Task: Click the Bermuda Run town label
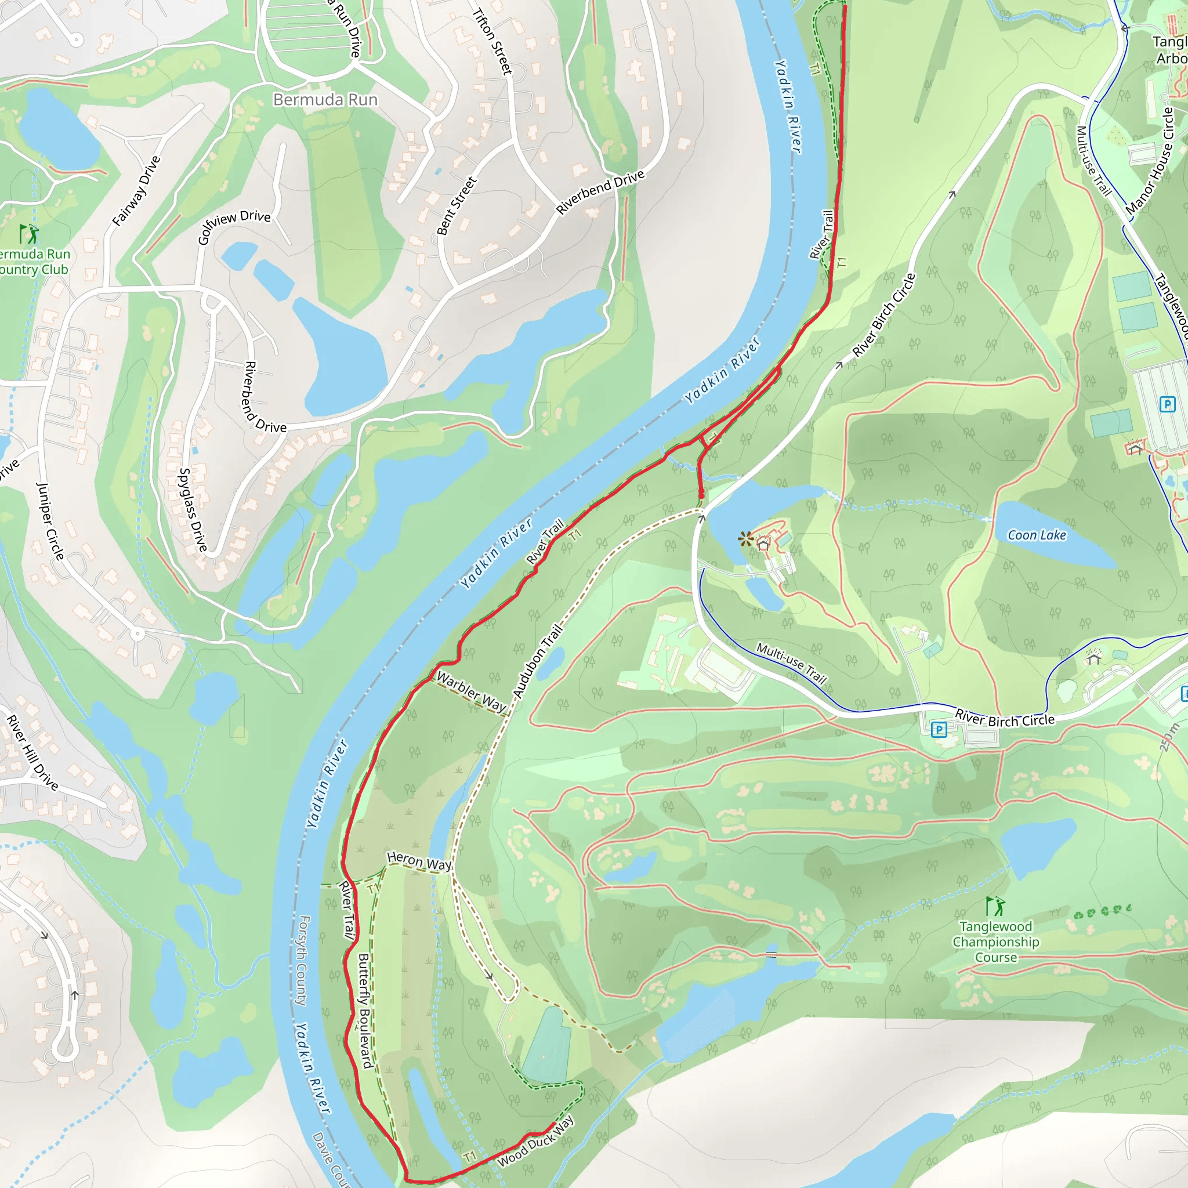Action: [x=325, y=100]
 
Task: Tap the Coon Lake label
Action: [x=1037, y=535]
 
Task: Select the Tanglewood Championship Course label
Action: [x=995, y=941]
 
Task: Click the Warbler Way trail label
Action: [x=471, y=693]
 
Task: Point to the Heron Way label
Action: [x=419, y=861]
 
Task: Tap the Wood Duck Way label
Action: [x=535, y=1142]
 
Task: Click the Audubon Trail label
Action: [x=537, y=662]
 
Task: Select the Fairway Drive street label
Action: [x=136, y=191]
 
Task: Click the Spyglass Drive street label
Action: [x=193, y=509]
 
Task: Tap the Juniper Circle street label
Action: [x=50, y=521]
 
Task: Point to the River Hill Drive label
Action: [x=32, y=752]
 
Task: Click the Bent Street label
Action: [x=457, y=206]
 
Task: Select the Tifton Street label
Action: [x=492, y=41]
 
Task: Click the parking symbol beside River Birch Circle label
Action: [x=939, y=730]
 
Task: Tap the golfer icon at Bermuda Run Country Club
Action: [x=28, y=234]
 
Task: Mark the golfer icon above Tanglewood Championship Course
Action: [x=995, y=906]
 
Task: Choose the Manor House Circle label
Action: [x=1150, y=162]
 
